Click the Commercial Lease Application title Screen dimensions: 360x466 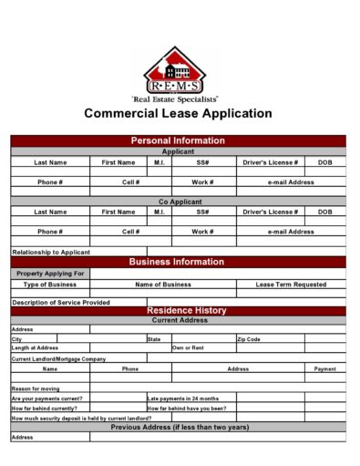pos(178,114)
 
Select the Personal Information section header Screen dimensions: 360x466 pos(178,140)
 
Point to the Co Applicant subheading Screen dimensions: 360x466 pos(178,202)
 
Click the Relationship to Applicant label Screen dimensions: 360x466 pos(51,252)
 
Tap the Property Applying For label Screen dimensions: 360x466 pos(50,274)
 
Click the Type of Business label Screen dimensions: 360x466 pos(50,285)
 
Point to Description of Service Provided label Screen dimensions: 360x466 pos(61,302)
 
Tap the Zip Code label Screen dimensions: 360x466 pos(249,338)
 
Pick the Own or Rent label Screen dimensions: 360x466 pos(189,347)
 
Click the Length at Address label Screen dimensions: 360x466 pos(35,347)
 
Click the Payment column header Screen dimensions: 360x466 pos(325,369)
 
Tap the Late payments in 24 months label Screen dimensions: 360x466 pos(183,399)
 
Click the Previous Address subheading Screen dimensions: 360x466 pos(180,427)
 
